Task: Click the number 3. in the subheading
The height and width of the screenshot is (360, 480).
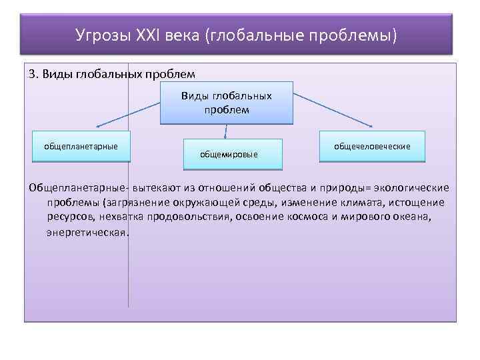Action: pyautogui.click(x=34, y=73)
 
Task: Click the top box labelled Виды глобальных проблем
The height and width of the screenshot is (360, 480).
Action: pyautogui.click(x=227, y=103)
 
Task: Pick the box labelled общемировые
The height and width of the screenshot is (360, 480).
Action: pyautogui.click(x=229, y=154)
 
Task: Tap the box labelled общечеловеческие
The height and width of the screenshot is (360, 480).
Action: pyautogui.click(x=373, y=145)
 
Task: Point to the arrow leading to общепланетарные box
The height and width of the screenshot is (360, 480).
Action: pyautogui.click(x=127, y=115)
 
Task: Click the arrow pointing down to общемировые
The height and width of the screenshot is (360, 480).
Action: pyautogui.click(x=226, y=132)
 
